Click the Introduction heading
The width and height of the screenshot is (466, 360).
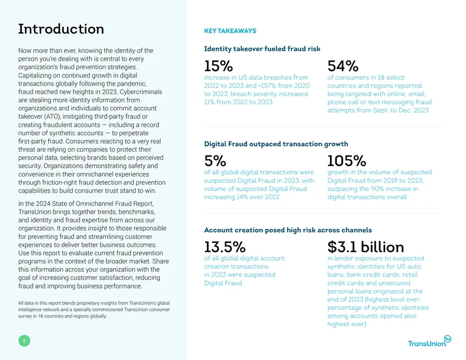tap(61, 29)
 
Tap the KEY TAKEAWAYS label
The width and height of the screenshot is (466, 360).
tap(230, 31)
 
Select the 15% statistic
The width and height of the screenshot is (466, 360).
tap(218, 66)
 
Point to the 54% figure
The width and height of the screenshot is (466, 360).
tap(343, 66)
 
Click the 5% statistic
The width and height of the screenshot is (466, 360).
tap(215, 161)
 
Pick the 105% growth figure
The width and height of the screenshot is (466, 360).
tap(347, 161)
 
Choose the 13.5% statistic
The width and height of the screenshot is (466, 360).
tap(225, 247)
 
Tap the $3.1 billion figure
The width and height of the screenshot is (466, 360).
tap(366, 247)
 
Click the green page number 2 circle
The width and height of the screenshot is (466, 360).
tap(24, 341)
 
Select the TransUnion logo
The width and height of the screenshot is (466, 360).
tap(430, 341)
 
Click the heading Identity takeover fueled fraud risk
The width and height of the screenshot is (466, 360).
tap(262, 49)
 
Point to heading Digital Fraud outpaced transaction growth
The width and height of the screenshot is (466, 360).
tap(276, 144)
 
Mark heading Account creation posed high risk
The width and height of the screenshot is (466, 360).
tap(288, 230)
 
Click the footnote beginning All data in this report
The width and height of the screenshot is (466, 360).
tap(94, 309)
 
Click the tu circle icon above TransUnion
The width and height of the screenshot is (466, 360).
tap(447, 339)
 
